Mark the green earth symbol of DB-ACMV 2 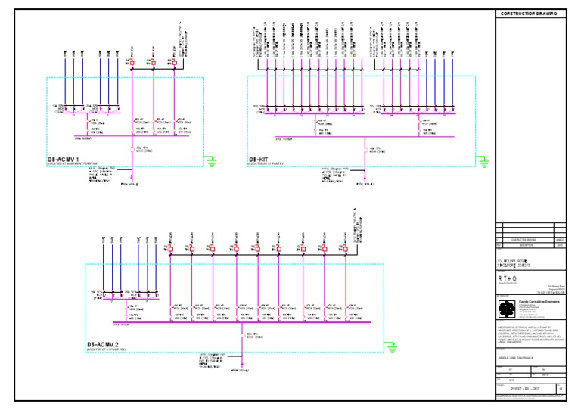point(391,347)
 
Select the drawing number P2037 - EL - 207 point(524,390)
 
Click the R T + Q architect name point(508,277)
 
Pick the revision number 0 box point(560,390)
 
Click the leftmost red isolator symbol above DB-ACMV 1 point(132,61)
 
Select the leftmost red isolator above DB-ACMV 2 point(171,249)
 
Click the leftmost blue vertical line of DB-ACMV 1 point(64,83)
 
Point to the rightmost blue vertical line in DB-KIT point(453,83)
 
